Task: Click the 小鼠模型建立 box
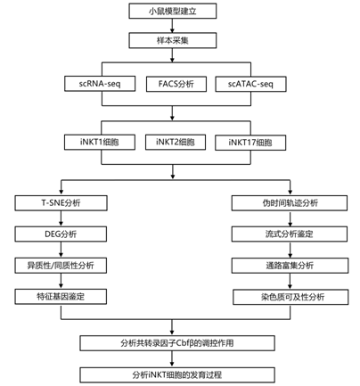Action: point(173,11)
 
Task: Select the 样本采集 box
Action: point(173,40)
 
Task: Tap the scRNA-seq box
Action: point(100,84)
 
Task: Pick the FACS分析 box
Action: point(176,84)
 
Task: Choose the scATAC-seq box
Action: point(250,84)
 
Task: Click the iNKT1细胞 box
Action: point(100,142)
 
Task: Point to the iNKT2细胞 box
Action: point(176,142)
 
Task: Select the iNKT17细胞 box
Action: point(250,143)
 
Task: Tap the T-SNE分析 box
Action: point(61,203)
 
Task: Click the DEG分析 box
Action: point(61,234)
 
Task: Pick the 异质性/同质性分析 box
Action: point(61,266)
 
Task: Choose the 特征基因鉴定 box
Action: point(61,297)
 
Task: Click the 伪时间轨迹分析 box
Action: point(290,203)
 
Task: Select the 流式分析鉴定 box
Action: point(290,234)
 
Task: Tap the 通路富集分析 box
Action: point(290,266)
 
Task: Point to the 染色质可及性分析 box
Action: point(290,297)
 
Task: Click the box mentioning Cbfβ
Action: point(177,343)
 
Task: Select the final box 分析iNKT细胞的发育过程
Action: point(177,374)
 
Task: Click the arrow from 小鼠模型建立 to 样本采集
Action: point(172,26)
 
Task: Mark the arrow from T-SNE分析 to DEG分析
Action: point(61,218)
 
